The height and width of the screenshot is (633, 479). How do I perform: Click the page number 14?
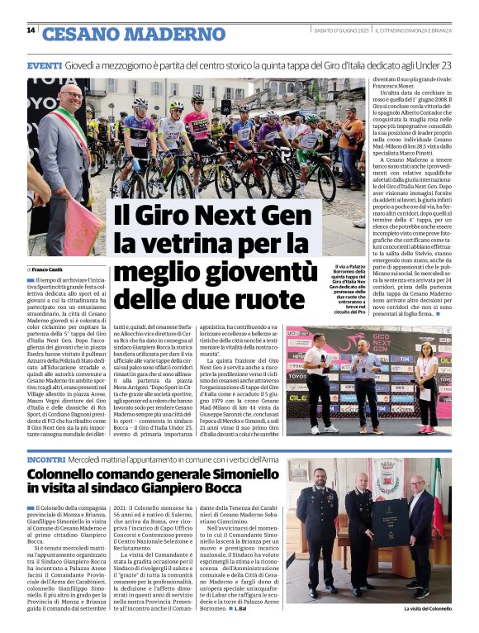(x=31, y=31)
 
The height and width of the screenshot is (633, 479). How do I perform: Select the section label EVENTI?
(x=45, y=65)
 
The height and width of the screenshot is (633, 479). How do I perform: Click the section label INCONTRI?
(x=46, y=458)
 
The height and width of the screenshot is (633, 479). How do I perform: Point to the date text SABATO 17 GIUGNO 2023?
(x=341, y=31)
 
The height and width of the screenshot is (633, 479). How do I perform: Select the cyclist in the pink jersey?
(x=197, y=124)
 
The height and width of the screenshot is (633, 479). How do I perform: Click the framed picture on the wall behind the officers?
(x=387, y=480)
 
